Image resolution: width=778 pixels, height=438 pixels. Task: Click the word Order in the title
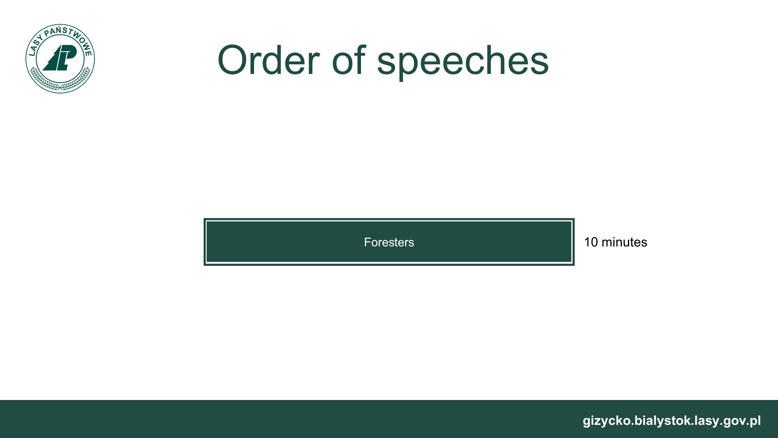[269, 60]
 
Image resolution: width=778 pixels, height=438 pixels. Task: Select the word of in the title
[349, 59]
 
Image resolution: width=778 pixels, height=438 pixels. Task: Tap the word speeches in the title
[463, 62]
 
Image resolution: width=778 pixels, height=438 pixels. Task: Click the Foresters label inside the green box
[389, 242]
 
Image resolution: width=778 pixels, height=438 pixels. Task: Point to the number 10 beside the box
[591, 242]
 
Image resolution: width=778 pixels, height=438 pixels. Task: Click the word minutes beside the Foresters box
[625, 242]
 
